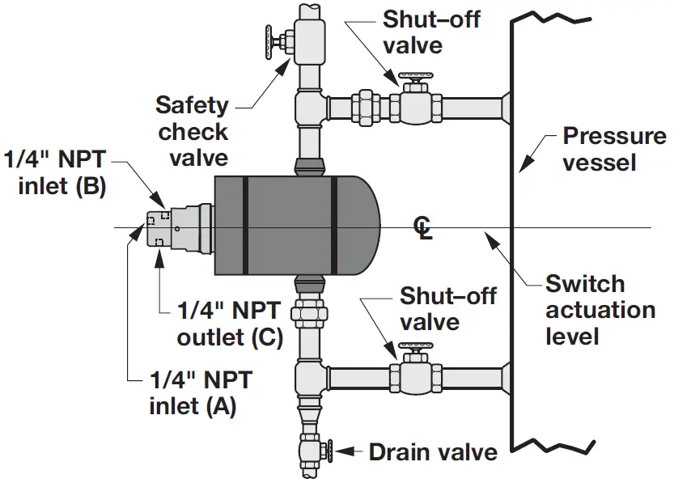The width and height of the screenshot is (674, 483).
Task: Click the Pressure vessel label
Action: [613, 149]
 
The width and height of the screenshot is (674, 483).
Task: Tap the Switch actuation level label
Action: [600, 309]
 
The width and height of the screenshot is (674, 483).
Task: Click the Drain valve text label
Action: [433, 451]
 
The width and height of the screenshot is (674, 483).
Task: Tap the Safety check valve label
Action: [193, 130]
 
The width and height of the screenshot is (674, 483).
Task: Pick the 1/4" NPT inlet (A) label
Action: [200, 392]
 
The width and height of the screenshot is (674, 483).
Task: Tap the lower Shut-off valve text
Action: [447, 308]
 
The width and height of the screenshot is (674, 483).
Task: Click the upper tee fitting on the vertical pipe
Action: [311, 108]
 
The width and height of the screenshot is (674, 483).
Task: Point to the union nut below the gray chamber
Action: [310, 311]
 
